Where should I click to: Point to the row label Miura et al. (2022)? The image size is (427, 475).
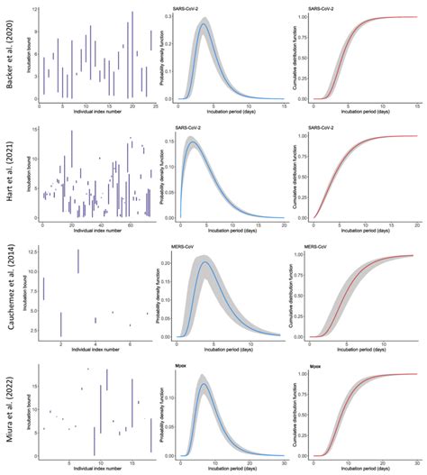tap(10, 410)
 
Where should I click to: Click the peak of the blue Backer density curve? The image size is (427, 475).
tap(204, 25)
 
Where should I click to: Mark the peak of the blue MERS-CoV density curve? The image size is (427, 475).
tap(206, 262)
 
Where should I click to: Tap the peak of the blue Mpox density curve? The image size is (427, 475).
tap(204, 384)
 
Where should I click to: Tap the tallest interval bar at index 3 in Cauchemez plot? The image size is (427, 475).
tap(78, 260)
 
